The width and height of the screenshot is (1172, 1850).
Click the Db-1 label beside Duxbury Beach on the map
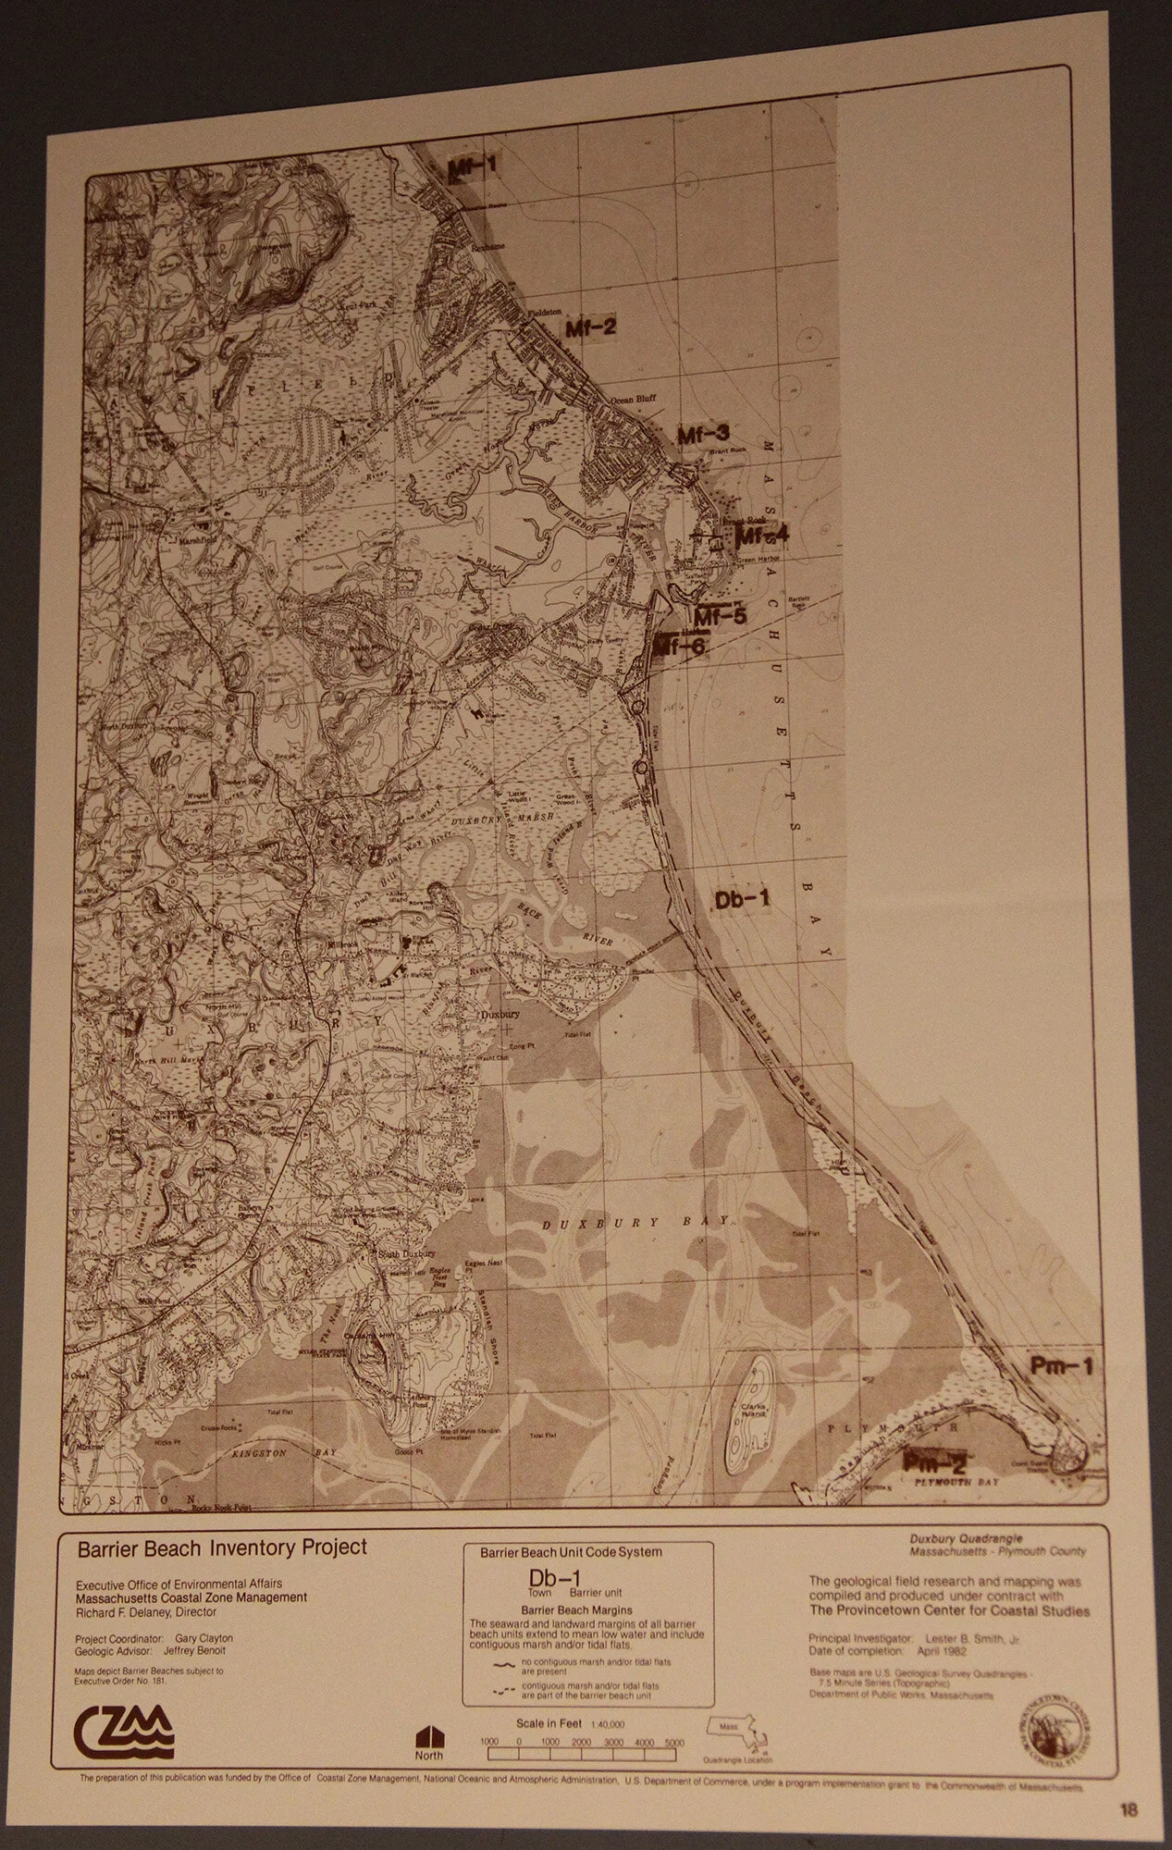click(x=742, y=899)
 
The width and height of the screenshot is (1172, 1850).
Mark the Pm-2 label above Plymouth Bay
click(x=934, y=1462)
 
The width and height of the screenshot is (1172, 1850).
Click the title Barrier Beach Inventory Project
click(x=222, y=1547)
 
